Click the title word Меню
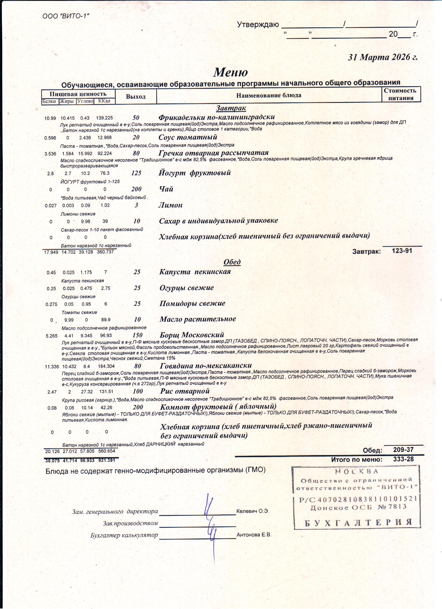231,72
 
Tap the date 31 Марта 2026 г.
382,57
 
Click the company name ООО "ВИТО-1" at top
66,16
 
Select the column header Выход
136,97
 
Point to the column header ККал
104,101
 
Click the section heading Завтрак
231,108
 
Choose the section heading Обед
232,262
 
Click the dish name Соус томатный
188,137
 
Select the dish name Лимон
171,205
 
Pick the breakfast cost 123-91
402,251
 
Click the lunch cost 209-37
403,450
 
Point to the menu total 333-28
403,459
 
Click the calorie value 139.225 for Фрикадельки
104,118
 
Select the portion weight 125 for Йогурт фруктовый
136,173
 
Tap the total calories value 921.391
107,460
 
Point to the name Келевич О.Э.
252,511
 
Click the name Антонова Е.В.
254,535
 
